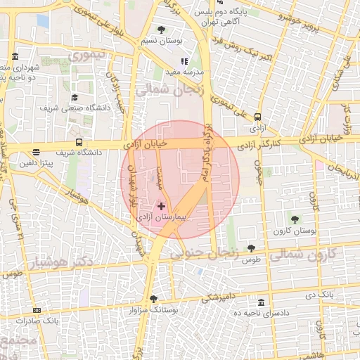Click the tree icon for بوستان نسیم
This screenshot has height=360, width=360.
click(x=162, y=30)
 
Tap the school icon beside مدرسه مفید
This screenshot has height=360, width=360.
click(x=184, y=62)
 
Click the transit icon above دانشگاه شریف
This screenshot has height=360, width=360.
click(x=79, y=141)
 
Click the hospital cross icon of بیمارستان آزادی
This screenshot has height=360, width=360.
click(x=162, y=206)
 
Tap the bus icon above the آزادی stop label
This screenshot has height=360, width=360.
click(x=257, y=118)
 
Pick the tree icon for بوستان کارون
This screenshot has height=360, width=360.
click(x=295, y=219)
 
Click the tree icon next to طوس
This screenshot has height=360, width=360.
click(x=251, y=248)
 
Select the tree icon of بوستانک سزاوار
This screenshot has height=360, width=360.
click(x=153, y=299)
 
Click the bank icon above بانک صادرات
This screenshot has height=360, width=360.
click(x=37, y=310)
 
